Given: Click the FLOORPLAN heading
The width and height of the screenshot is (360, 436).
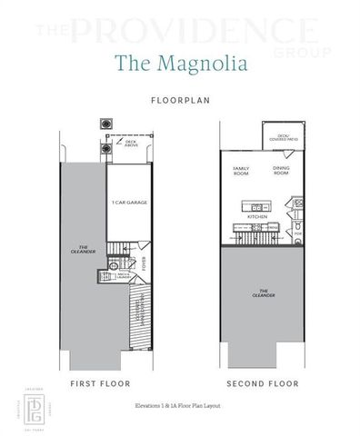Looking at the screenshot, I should click(x=180, y=101).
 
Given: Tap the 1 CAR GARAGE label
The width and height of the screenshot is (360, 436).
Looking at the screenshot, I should click(x=129, y=203).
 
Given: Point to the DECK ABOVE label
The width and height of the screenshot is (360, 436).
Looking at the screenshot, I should click(x=130, y=144).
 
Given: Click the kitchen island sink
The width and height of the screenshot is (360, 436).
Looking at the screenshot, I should click(x=256, y=207).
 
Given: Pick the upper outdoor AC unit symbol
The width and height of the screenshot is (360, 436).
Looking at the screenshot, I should click(x=106, y=124).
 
